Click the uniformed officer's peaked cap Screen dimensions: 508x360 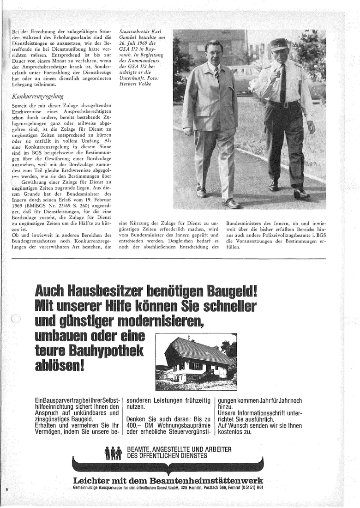coord(278,45)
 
